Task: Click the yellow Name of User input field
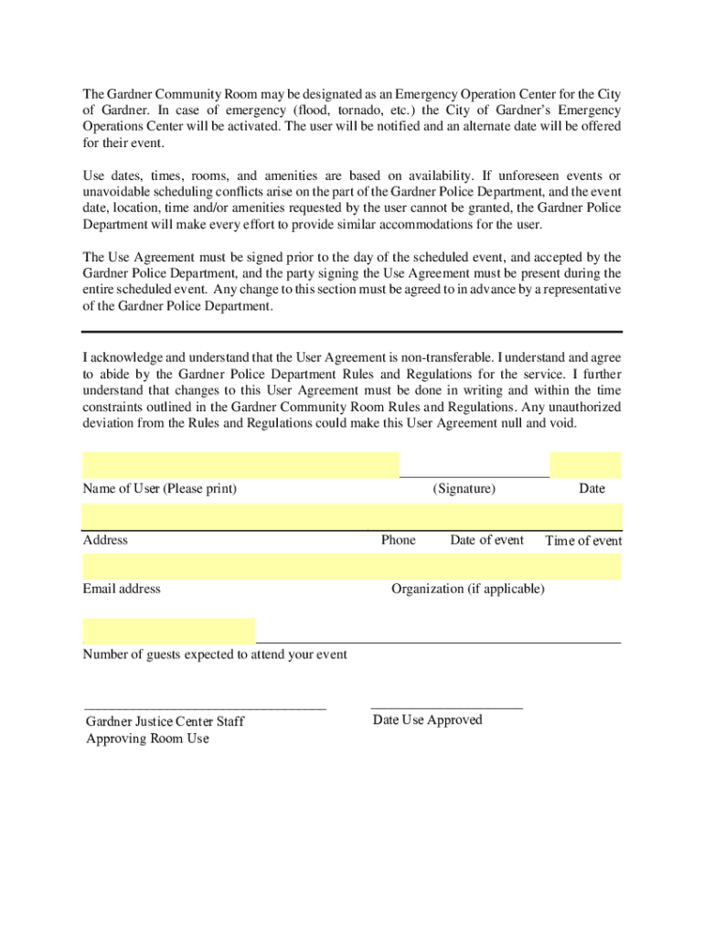[x=240, y=464]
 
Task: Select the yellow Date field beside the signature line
[x=585, y=464]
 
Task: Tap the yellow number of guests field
[x=169, y=631]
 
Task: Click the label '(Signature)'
[x=464, y=488]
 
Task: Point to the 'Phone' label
[x=398, y=540]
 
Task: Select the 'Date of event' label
[x=486, y=540]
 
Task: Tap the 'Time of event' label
[x=583, y=541]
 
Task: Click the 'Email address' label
[x=122, y=589]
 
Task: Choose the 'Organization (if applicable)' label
[x=467, y=589]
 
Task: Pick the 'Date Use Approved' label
[x=427, y=720]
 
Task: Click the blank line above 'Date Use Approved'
[x=446, y=707]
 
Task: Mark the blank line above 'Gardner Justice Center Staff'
[x=205, y=707]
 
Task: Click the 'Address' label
[x=105, y=540]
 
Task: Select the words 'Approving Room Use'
[x=147, y=739]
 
